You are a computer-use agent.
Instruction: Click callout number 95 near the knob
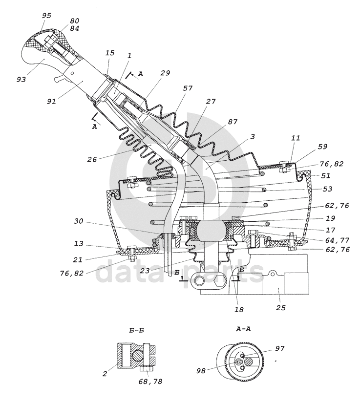click(x=46, y=16)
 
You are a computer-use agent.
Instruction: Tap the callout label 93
click(x=21, y=80)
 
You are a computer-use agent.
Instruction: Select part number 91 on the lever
click(x=51, y=102)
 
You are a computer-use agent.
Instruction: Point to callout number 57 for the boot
click(x=188, y=88)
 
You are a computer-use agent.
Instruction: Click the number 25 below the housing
click(x=281, y=308)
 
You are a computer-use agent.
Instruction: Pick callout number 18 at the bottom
click(x=239, y=309)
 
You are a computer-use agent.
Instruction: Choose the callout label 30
click(x=79, y=221)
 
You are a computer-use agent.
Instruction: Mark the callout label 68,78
click(x=150, y=382)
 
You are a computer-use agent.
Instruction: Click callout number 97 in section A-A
click(x=279, y=348)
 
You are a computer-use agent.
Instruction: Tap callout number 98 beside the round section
click(x=201, y=371)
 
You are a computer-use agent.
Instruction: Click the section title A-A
click(x=243, y=329)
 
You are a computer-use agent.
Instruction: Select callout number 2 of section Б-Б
click(x=105, y=374)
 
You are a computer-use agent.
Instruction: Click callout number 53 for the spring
click(x=327, y=189)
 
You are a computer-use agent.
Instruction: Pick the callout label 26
click(x=92, y=159)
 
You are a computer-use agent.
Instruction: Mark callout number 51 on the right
click(x=326, y=175)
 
